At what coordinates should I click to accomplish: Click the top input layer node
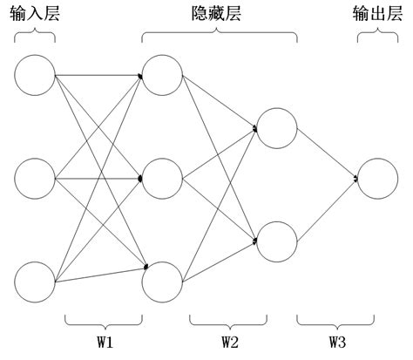coord(35,75)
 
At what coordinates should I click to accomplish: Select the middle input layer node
coord(35,180)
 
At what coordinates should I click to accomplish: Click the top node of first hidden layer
coord(162,75)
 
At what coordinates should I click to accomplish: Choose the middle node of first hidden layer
coord(162,180)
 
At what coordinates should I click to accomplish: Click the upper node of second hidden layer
coord(277,128)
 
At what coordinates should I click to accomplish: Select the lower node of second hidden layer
coord(277,241)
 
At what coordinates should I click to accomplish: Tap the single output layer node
coord(378,180)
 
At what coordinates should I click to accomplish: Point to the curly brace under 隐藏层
coord(219,37)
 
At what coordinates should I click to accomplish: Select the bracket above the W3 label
coord(328,319)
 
